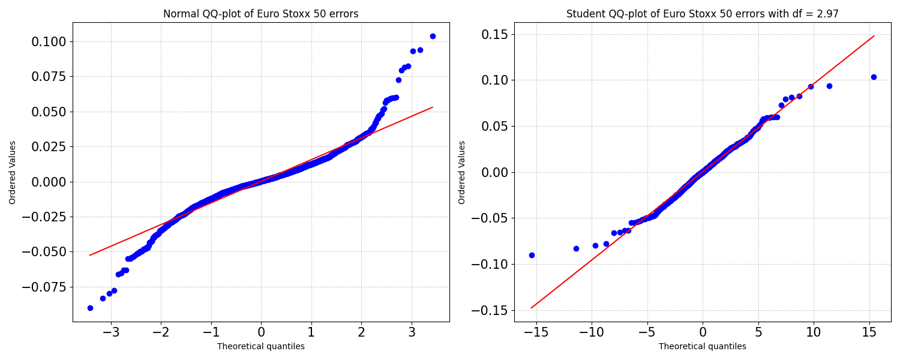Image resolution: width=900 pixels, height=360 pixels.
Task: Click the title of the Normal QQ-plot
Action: pos(261,14)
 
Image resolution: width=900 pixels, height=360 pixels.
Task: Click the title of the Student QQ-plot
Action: pos(703,14)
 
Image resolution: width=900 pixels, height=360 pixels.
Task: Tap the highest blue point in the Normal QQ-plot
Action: pos(433,36)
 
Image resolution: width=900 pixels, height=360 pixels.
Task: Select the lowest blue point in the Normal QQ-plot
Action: pos(90,308)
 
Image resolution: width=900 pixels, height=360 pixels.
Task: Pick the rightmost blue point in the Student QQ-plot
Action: pos(874,77)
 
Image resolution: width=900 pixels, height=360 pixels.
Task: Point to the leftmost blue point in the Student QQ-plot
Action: pos(532,255)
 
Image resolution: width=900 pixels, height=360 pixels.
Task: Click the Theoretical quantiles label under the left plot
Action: pos(261,346)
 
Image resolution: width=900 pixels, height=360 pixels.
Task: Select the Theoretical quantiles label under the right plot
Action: pos(703,346)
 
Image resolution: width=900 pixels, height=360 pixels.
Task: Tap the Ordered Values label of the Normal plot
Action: pos(12,172)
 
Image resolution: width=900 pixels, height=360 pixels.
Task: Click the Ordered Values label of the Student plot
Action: pos(461,172)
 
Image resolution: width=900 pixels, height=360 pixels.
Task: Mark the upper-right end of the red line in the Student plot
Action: pos(874,36)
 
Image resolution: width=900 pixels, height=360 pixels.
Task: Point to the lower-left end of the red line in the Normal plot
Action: pos(89,255)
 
